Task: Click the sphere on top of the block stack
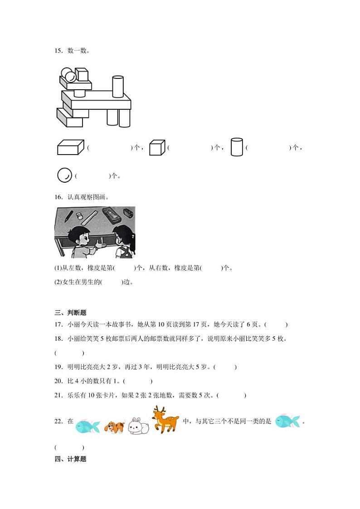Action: click(x=69, y=75)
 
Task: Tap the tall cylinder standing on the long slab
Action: click(x=118, y=87)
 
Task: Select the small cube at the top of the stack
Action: click(x=82, y=74)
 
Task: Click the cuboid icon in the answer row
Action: click(x=71, y=147)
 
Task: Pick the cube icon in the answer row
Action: click(x=157, y=148)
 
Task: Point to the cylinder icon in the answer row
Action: click(x=237, y=147)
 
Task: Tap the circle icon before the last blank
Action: click(x=64, y=175)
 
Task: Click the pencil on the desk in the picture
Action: click(x=69, y=216)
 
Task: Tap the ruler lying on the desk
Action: click(x=89, y=218)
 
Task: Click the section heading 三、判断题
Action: click(x=70, y=313)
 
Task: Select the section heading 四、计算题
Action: click(x=70, y=459)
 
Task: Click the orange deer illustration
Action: click(x=165, y=419)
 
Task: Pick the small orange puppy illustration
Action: click(x=115, y=427)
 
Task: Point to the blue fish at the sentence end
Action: click(x=287, y=421)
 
